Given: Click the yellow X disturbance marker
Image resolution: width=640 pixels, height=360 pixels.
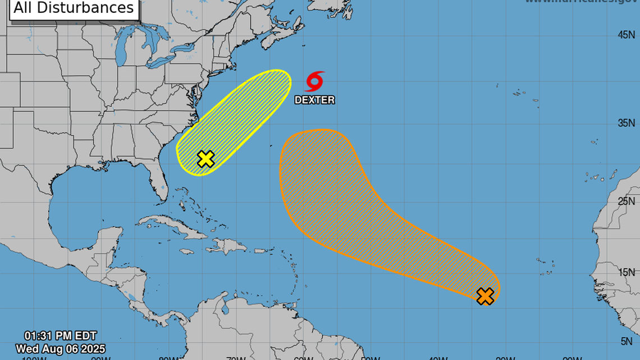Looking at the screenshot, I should pyautogui.click(x=206, y=159).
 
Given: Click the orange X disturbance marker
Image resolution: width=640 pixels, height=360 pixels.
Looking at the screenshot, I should pyautogui.click(x=485, y=296).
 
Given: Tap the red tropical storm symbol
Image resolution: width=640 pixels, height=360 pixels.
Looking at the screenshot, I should pyautogui.click(x=315, y=81).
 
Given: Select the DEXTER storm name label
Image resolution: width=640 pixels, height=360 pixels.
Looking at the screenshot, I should pyautogui.click(x=315, y=100).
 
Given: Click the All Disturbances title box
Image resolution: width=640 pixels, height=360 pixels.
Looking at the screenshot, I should pyautogui.click(x=74, y=8).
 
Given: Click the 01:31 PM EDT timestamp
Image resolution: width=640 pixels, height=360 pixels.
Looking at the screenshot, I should pyautogui.click(x=60, y=337).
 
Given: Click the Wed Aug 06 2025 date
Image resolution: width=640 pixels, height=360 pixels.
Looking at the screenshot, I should pyautogui.click(x=60, y=349).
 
